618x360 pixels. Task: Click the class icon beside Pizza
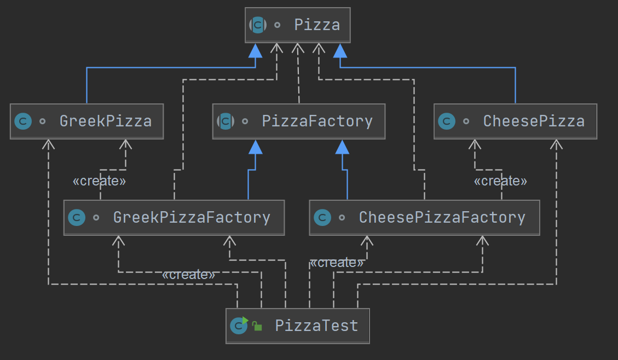pyautogui.click(x=258, y=25)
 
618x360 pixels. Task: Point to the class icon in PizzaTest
pyautogui.click(x=239, y=326)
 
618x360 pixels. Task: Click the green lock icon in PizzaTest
pyautogui.click(x=257, y=327)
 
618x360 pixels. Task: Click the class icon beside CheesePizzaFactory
pyautogui.click(x=322, y=218)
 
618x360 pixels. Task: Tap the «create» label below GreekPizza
pyautogui.click(x=99, y=181)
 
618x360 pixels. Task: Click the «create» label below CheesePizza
pyautogui.click(x=500, y=181)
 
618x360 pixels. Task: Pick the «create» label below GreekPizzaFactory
pyautogui.click(x=188, y=275)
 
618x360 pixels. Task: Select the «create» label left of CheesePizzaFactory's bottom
pyautogui.click(x=336, y=263)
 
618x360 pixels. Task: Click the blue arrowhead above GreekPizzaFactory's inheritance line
pyautogui.click(x=255, y=147)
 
